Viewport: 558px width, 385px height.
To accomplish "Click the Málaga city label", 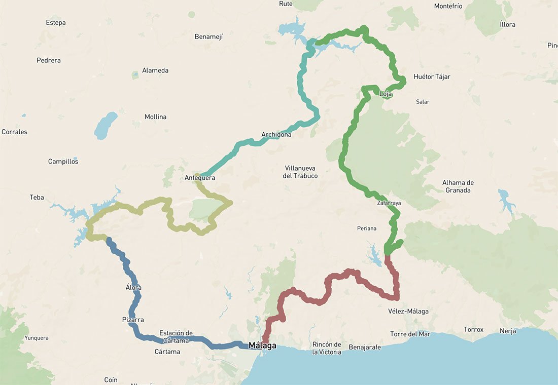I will (x=262, y=346).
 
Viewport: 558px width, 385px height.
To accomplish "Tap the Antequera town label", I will (x=200, y=178).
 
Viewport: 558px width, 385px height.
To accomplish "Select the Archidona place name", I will (x=276, y=135).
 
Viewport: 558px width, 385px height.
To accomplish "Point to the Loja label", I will (x=386, y=94).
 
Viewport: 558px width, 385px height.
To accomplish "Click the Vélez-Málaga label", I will (x=408, y=311).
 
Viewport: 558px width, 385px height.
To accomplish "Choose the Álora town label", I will (x=133, y=288).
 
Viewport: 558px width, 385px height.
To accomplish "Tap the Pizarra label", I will (x=133, y=320).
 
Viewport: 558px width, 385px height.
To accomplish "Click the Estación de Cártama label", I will (x=176, y=337).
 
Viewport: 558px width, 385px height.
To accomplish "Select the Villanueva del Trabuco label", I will (x=301, y=172).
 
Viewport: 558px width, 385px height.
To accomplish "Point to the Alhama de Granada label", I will (x=458, y=186).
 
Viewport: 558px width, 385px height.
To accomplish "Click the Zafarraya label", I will (x=389, y=203).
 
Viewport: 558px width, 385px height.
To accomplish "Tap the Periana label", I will (x=366, y=228).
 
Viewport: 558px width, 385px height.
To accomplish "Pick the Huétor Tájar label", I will (x=432, y=77).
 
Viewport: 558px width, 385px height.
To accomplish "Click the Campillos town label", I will (x=63, y=162).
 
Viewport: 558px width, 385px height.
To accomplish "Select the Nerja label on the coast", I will (x=507, y=331).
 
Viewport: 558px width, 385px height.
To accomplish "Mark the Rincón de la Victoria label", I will (x=327, y=348).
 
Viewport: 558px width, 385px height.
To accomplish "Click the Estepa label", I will (x=56, y=23).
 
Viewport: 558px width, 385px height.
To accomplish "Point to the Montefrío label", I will (x=448, y=6).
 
